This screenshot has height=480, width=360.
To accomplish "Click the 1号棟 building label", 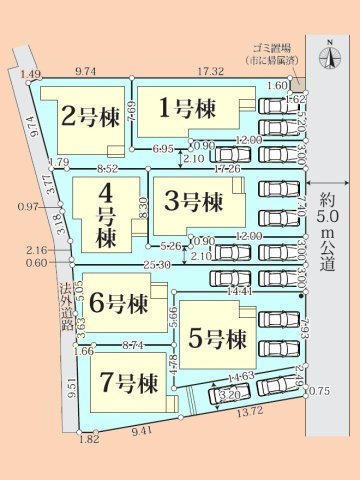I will coord(188,107).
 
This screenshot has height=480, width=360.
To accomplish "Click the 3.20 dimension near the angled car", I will coord(229,395).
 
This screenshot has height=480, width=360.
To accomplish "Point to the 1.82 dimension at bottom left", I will coord(89,439).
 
